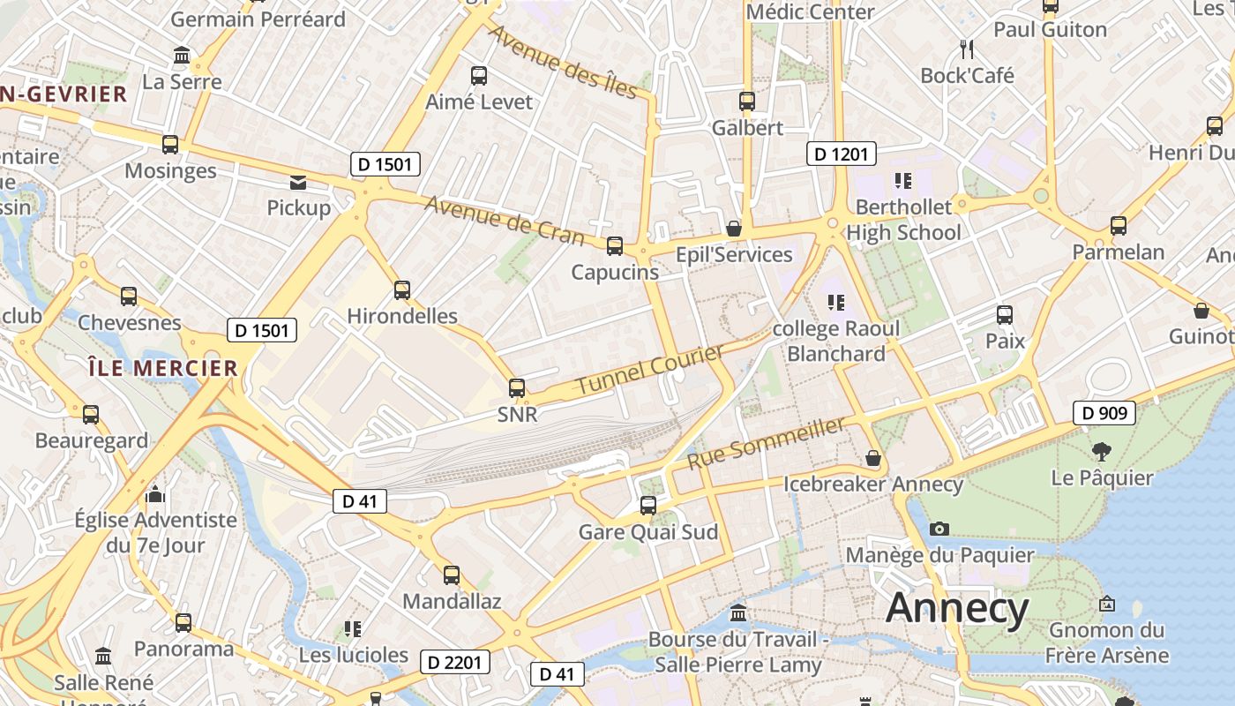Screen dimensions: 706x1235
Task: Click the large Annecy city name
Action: tap(957, 608)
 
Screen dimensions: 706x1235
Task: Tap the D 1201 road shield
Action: tap(841, 154)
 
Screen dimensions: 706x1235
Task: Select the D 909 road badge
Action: tap(1104, 412)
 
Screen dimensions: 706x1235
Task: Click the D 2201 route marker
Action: tap(454, 661)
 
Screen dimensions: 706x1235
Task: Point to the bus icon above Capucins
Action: tap(615, 246)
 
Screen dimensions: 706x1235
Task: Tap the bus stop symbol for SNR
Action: tap(517, 387)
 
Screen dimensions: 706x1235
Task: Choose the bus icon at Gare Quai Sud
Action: tap(648, 506)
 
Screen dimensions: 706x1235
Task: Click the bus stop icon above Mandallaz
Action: tap(452, 575)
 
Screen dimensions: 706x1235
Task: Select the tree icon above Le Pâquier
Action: tap(1101, 452)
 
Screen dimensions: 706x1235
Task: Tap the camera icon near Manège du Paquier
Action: tap(939, 529)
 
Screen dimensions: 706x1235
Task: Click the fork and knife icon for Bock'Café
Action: tap(967, 49)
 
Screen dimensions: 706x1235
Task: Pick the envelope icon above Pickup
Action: tap(298, 183)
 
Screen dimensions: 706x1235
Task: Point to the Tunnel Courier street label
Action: tap(650, 370)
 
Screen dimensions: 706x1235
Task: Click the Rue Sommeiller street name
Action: tap(766, 444)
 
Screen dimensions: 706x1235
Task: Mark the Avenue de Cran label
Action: tap(505, 221)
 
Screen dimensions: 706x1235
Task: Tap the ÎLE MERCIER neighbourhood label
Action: tap(163, 368)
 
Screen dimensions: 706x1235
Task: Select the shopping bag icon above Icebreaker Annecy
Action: tap(873, 458)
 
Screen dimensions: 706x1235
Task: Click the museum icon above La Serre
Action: tap(183, 56)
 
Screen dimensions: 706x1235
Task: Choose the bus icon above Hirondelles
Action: tap(402, 289)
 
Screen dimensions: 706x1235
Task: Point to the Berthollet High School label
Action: tap(903, 220)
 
